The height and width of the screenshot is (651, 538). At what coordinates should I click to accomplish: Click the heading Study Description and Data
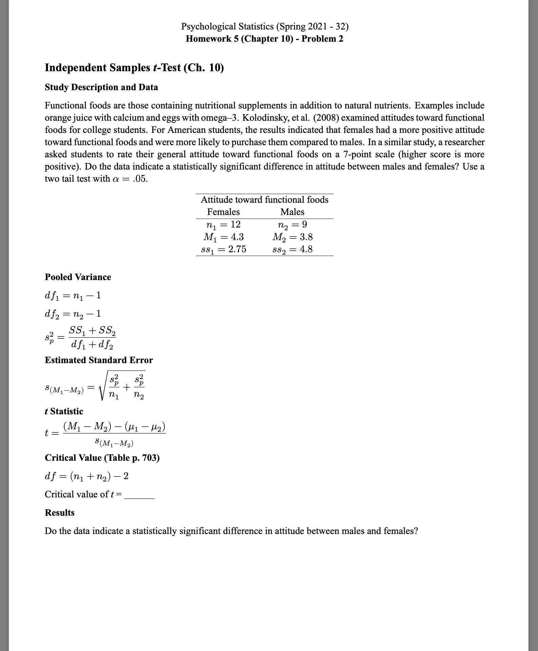coord(101,87)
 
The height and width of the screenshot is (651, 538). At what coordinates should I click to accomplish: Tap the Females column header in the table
coord(223,212)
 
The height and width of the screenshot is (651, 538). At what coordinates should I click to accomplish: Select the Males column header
coord(292,212)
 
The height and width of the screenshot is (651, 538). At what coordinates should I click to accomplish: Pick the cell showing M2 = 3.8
coord(292,237)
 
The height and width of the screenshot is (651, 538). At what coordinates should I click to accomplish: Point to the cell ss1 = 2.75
coord(223,250)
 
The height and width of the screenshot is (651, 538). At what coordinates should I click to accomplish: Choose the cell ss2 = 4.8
coord(292,250)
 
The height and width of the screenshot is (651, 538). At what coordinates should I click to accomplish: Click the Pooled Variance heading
coord(78,277)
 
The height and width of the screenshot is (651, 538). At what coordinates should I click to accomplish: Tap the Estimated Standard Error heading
coord(99,360)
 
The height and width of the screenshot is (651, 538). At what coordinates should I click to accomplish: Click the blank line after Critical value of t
coord(139,495)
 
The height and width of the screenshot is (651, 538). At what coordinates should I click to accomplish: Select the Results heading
coord(60,512)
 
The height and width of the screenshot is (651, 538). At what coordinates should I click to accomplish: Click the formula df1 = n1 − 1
coord(73,296)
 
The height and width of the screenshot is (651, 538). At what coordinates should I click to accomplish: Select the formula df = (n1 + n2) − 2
coord(87,476)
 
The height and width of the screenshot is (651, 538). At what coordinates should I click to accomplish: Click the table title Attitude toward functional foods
coord(265,200)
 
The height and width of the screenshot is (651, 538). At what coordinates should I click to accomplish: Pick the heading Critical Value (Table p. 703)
coord(102,458)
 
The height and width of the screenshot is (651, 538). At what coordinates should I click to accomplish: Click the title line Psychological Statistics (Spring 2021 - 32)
coord(265,26)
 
